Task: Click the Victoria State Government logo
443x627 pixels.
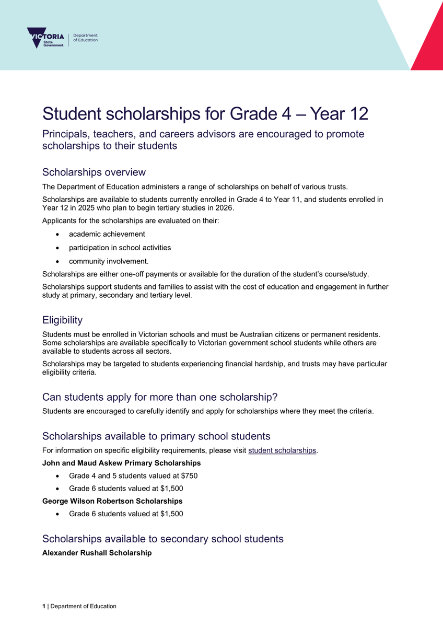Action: point(46,38)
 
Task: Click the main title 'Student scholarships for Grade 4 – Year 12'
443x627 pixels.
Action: point(205,113)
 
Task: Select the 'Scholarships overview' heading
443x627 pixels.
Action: point(94,172)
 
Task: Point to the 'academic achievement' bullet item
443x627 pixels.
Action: point(107,234)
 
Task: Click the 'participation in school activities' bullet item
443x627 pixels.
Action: point(120,247)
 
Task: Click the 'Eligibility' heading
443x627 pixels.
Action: point(62,320)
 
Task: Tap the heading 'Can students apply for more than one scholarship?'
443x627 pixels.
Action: point(159,397)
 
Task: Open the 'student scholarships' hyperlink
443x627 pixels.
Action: point(282,450)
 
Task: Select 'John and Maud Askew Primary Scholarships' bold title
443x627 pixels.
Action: point(121,463)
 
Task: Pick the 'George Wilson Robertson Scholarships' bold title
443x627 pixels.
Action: point(112,501)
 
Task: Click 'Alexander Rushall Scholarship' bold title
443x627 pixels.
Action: point(97,552)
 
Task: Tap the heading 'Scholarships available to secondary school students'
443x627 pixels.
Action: point(162,539)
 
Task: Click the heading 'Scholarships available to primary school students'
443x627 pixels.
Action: point(156,436)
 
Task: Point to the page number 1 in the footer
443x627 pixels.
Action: point(44,606)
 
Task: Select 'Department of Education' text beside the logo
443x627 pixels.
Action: point(85,38)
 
